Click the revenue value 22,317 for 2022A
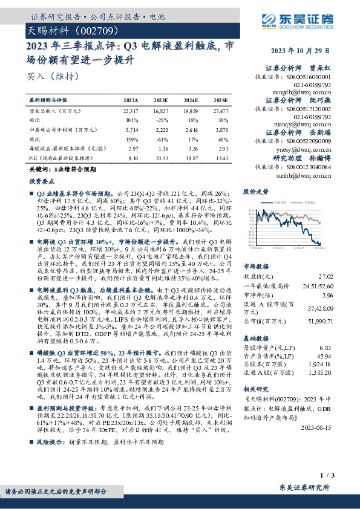click(130, 112)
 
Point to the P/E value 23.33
click(161, 158)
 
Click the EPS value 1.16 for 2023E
click(161, 149)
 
